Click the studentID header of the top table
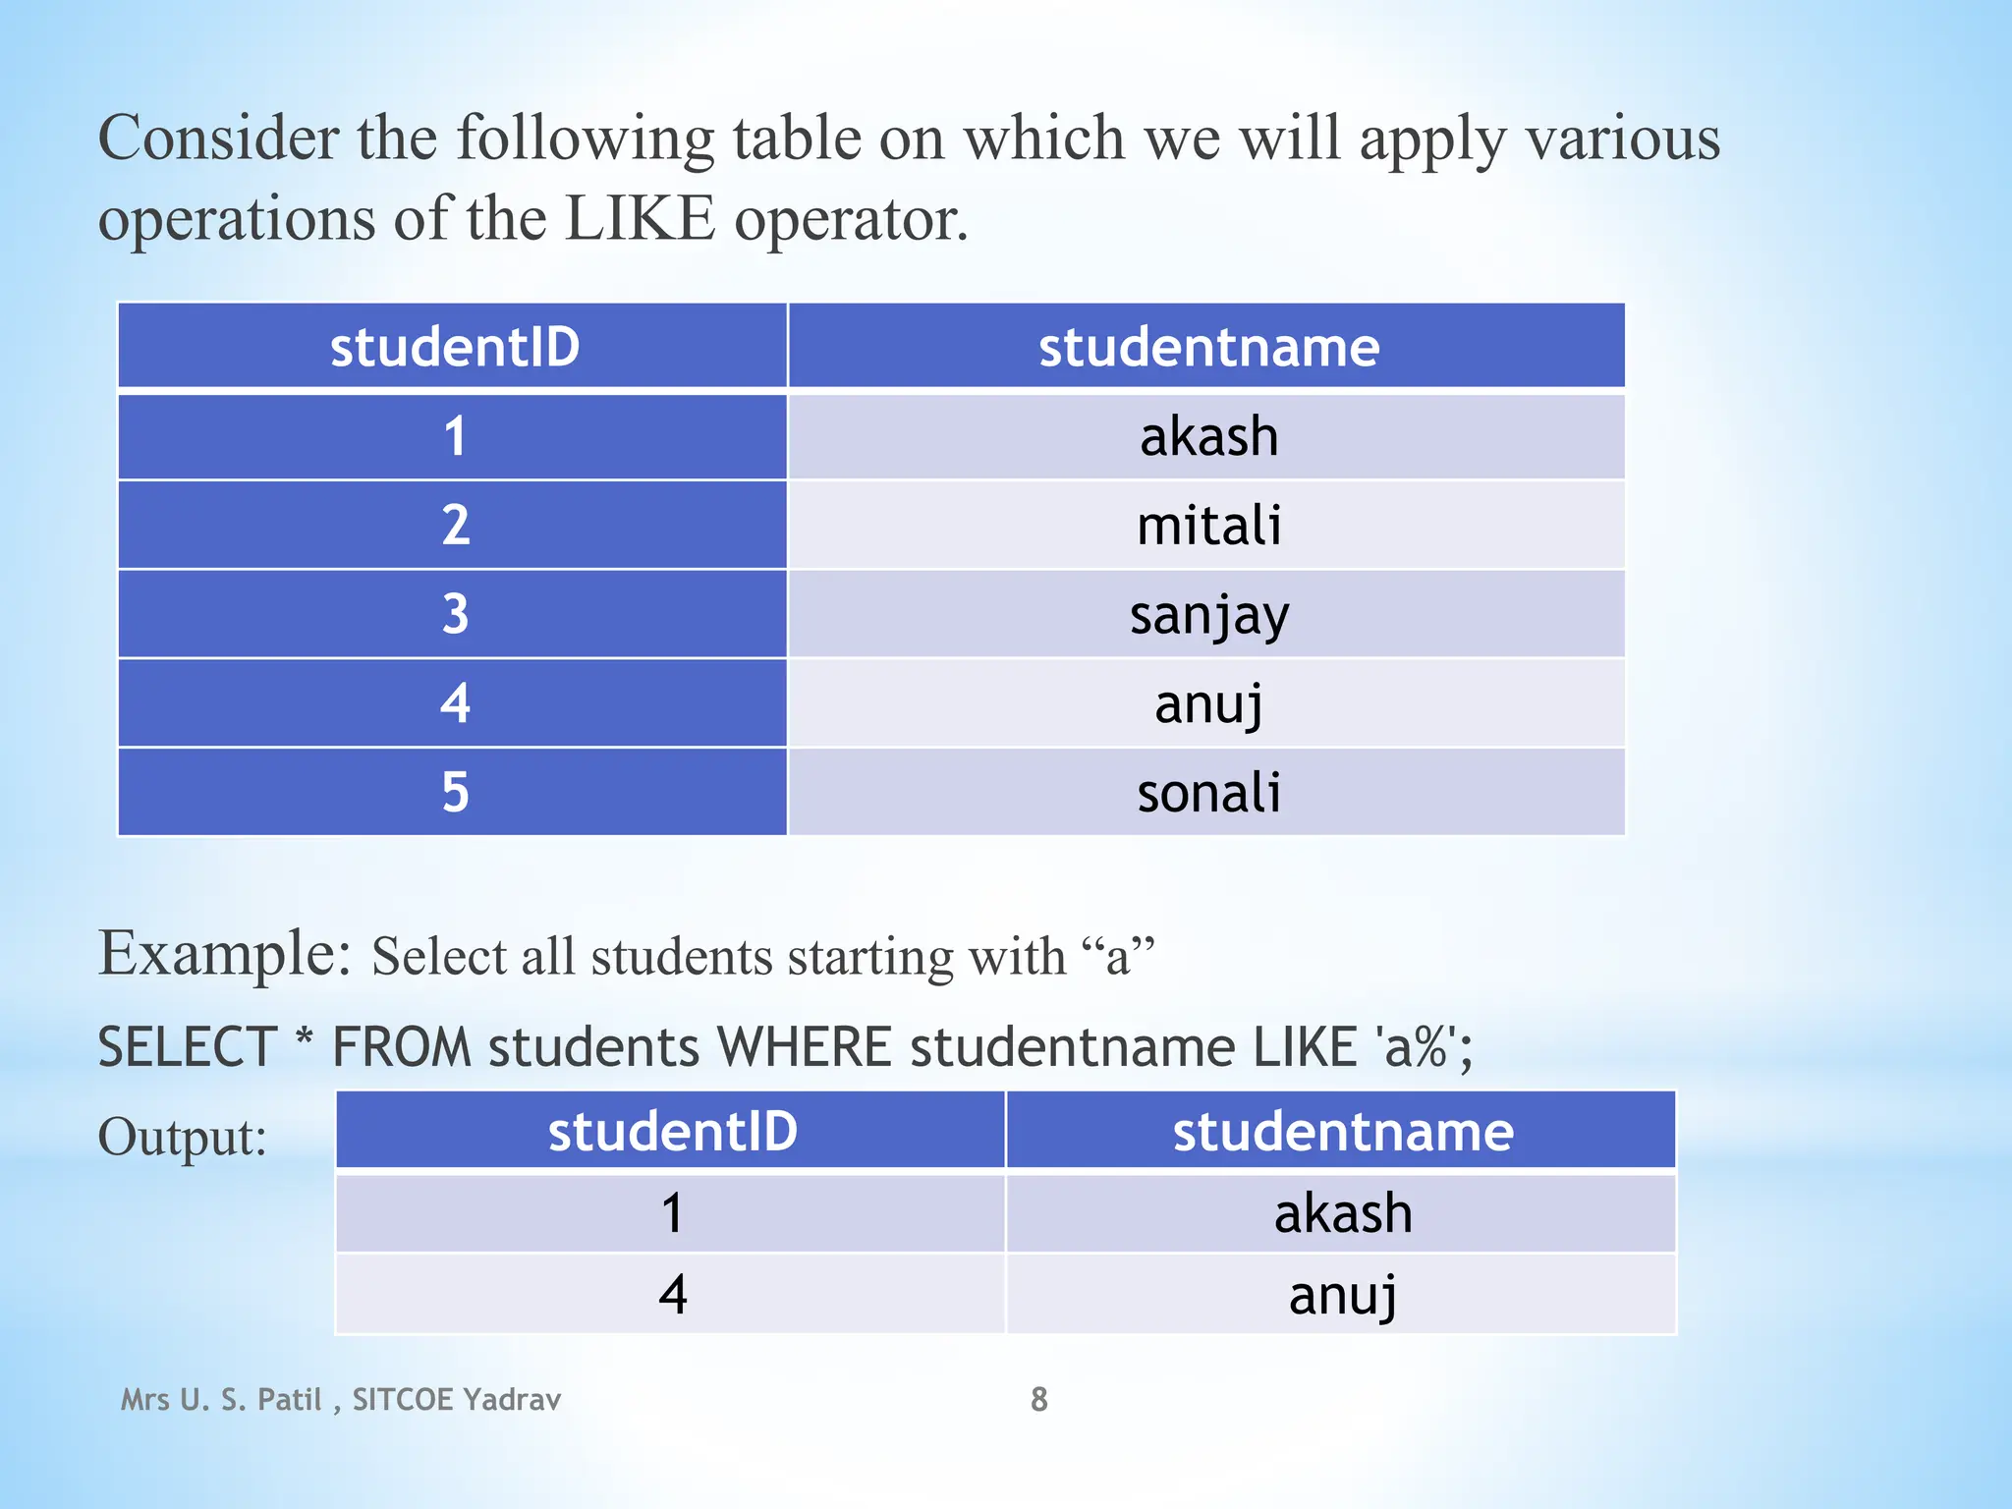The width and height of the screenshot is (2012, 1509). [x=454, y=347]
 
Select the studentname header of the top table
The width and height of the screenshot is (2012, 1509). [x=1208, y=347]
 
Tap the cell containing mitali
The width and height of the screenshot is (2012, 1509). [x=1208, y=526]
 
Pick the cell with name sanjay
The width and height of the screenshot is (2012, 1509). [x=1208, y=615]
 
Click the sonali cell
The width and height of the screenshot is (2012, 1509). [x=1208, y=793]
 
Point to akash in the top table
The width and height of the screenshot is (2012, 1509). [x=1208, y=436]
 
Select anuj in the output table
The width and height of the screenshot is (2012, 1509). [x=1342, y=1295]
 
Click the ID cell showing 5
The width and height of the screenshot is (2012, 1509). [x=454, y=793]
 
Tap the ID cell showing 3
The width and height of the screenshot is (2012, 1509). [x=454, y=615]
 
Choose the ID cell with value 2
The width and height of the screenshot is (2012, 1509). [x=454, y=526]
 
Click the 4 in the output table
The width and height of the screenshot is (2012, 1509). [x=672, y=1295]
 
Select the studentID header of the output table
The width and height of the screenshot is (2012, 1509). [x=672, y=1132]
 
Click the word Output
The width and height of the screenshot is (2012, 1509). [x=182, y=1138]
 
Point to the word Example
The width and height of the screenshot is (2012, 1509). [x=224, y=953]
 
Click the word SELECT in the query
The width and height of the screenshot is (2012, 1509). [x=187, y=1047]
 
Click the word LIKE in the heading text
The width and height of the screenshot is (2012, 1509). [x=641, y=218]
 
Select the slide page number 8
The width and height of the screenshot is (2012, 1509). [x=1038, y=1399]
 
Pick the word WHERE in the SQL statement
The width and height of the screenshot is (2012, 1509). [x=804, y=1047]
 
